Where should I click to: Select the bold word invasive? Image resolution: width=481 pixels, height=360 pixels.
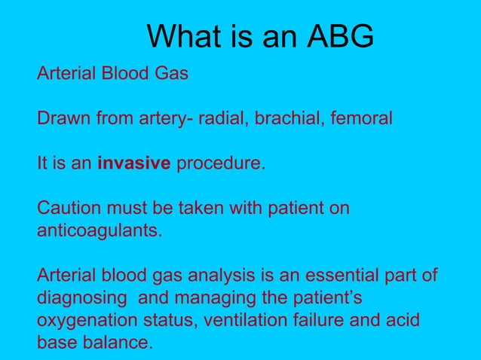click(134, 163)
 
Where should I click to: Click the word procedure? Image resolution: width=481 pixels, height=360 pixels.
click(221, 163)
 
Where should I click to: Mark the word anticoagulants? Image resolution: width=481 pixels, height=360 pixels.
click(99, 230)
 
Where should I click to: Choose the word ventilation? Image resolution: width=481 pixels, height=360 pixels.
click(242, 320)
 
